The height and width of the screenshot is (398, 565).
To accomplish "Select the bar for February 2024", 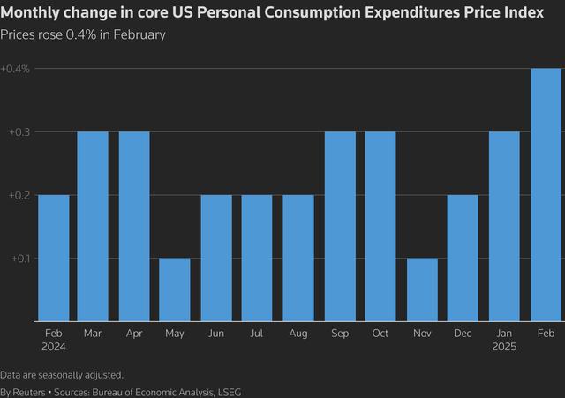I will pyautogui.click(x=53, y=258).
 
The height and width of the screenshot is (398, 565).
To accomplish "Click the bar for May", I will pyautogui.click(x=175, y=289).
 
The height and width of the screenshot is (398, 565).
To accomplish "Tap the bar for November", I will pyautogui.click(x=421, y=289).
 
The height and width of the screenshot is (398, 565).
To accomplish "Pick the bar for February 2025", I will pyautogui.click(x=546, y=195).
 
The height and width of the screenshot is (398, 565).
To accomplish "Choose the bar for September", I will pyautogui.click(x=340, y=227).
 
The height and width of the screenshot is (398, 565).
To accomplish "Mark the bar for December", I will pyautogui.click(x=463, y=258).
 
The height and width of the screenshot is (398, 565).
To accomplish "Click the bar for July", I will pyautogui.click(x=257, y=258).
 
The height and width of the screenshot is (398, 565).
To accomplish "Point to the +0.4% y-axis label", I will pyautogui.click(x=15, y=69).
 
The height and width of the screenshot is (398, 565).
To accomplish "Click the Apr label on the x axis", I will pyautogui.click(x=134, y=334).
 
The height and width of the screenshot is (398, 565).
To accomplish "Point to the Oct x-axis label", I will pyautogui.click(x=380, y=334).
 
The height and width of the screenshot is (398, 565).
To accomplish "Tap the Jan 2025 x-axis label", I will pyautogui.click(x=504, y=340).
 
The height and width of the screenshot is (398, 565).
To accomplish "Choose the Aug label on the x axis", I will pyautogui.click(x=298, y=334).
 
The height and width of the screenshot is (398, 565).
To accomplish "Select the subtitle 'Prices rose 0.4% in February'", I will pyautogui.click(x=83, y=34).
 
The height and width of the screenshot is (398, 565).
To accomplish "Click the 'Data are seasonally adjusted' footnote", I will pyautogui.click(x=62, y=374).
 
